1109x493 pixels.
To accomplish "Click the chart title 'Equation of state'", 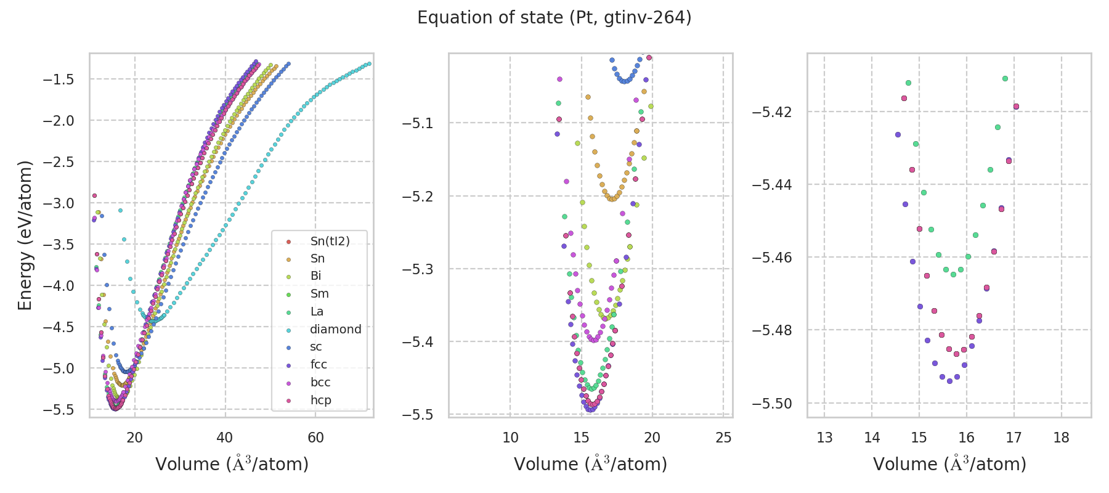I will [x=554, y=18].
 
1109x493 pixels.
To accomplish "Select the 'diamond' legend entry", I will [x=335, y=330].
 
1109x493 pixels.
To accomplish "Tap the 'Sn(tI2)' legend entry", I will [x=330, y=241].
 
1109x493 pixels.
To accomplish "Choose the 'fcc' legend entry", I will [x=319, y=365].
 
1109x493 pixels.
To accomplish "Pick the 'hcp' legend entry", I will [x=320, y=401].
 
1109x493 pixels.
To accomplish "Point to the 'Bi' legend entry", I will [x=315, y=276].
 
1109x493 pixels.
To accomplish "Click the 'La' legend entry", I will [x=317, y=312].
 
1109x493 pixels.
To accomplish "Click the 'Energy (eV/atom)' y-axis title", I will [x=25, y=235].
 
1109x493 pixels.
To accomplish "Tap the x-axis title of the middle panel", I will [x=590, y=464].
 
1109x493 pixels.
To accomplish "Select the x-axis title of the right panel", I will [x=949, y=464].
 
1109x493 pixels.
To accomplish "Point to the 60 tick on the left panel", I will [x=315, y=438].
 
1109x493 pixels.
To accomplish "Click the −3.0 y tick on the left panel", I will [x=59, y=203].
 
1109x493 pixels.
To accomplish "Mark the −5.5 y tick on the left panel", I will [x=59, y=410].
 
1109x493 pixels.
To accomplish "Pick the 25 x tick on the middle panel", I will [x=723, y=438].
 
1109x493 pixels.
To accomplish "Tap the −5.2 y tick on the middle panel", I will [x=418, y=197].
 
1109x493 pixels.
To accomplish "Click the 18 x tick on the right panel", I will [x=1061, y=438].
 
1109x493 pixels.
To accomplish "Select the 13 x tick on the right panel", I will [x=824, y=438].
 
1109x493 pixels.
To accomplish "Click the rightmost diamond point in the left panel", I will [x=368, y=63].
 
